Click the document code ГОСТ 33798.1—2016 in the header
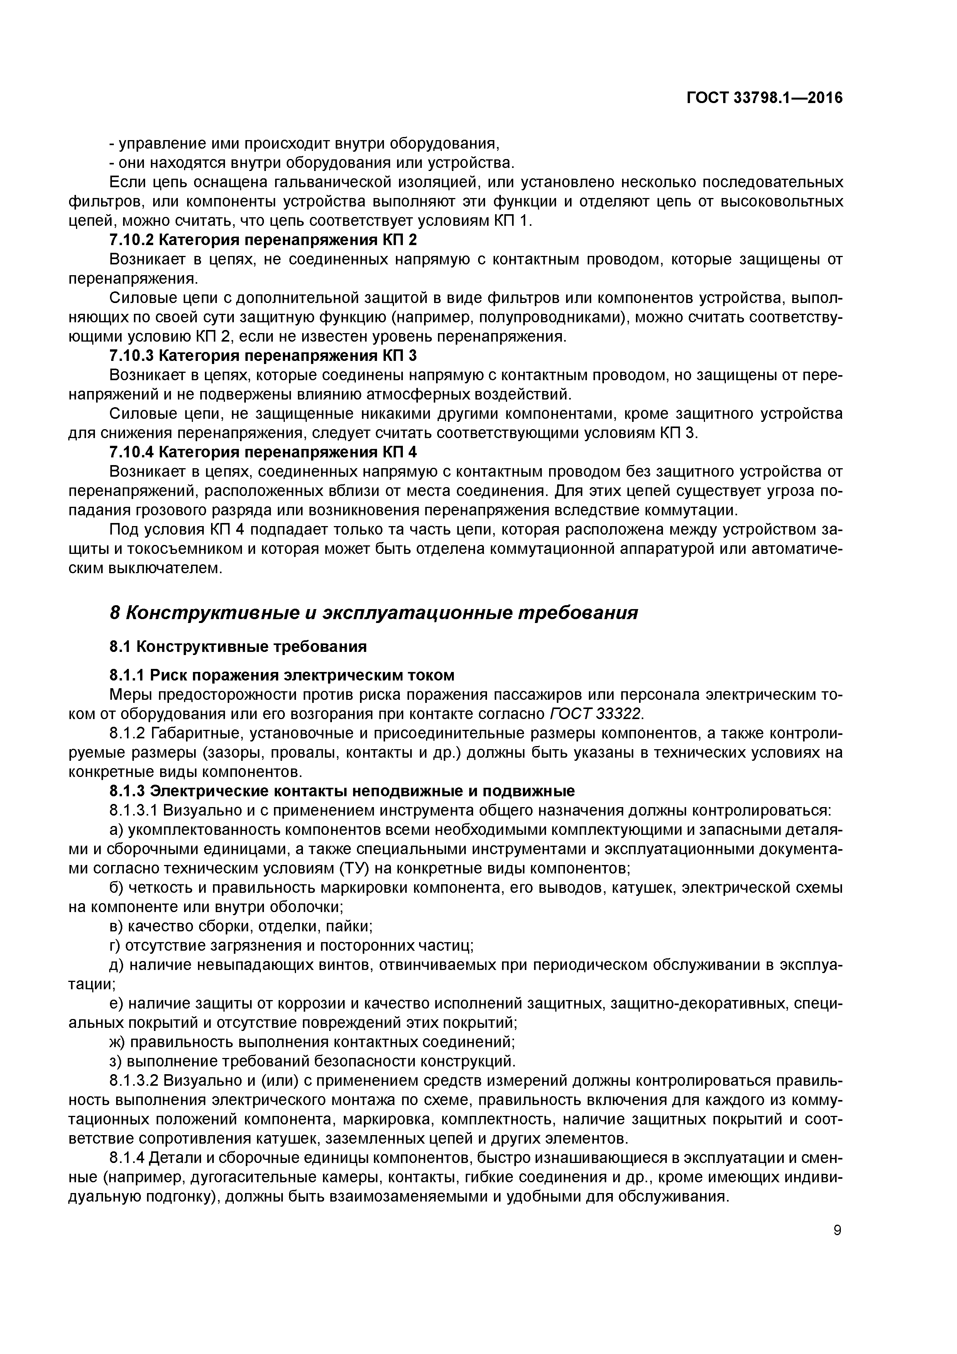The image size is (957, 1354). click(x=764, y=98)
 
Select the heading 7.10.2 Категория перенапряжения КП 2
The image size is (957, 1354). click(x=263, y=240)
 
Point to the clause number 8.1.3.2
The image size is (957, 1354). click(x=134, y=1081)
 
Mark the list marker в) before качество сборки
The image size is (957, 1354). click(x=117, y=926)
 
